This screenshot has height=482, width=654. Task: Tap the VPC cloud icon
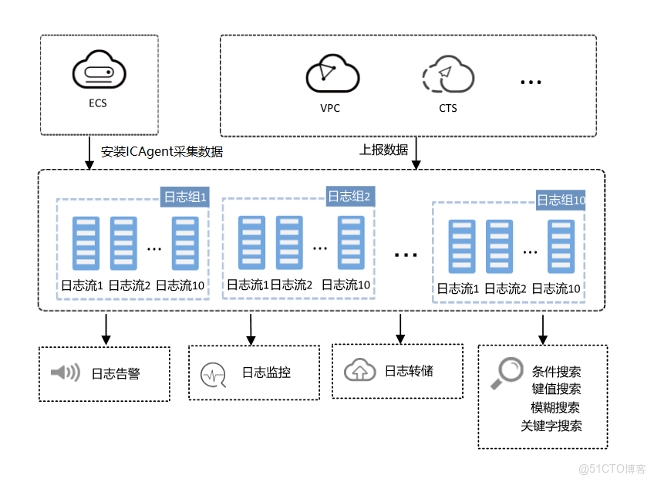tap(332, 73)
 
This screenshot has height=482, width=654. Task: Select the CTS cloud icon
tap(448, 74)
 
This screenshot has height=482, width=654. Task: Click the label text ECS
tap(98, 103)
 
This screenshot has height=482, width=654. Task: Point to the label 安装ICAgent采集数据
tap(162, 151)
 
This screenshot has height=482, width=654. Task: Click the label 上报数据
tap(384, 150)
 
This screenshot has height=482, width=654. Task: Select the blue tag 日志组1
tap(185, 197)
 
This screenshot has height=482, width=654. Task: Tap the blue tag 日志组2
tap(350, 196)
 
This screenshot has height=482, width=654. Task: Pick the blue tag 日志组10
tap(561, 201)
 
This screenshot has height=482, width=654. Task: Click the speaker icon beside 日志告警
tap(66, 372)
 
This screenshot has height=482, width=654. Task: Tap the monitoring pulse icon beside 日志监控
tap(213, 375)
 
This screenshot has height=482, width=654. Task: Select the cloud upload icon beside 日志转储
tap(359, 369)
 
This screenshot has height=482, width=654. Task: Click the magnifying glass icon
tap(507, 372)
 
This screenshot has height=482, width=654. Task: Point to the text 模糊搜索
tap(555, 407)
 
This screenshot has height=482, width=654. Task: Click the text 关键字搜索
tap(551, 426)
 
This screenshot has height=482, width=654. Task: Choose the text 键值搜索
tap(556, 389)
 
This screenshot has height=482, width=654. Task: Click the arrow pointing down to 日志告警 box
tap(106, 329)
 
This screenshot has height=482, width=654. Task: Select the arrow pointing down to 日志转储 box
tap(400, 329)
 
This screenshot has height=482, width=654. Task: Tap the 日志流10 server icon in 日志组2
tap(351, 243)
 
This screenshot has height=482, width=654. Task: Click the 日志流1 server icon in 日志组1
tap(86, 243)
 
